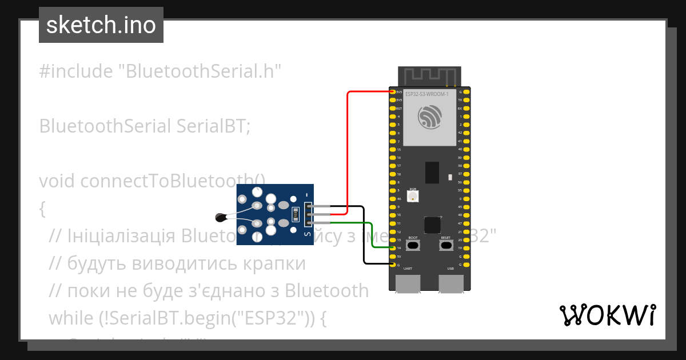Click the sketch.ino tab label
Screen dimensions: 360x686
coord(101,25)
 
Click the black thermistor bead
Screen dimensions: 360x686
coord(220,217)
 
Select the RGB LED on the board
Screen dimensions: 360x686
coord(413,196)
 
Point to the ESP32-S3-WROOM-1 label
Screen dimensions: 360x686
coord(426,94)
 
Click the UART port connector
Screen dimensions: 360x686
coord(408,283)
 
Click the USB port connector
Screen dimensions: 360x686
coord(451,283)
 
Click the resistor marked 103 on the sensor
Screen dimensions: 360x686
coord(296,215)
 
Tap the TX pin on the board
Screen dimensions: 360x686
coord(466,100)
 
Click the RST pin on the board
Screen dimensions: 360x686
coord(393,108)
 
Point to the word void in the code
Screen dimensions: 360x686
coord(58,181)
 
